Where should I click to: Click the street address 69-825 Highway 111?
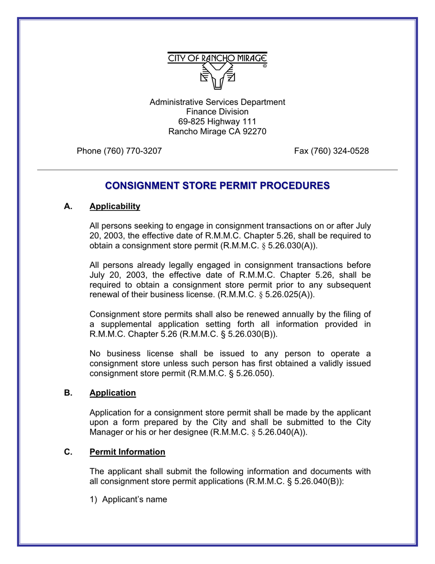(x=217, y=122)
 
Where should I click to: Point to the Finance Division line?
(x=217, y=112)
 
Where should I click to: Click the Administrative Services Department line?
(x=217, y=102)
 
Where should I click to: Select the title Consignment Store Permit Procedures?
(x=217, y=186)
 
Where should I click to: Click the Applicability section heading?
(x=114, y=206)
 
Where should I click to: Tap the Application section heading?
(x=113, y=393)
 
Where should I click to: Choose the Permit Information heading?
(x=127, y=452)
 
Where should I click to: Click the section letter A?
(x=68, y=206)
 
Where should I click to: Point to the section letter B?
(x=68, y=393)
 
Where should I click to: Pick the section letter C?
(x=68, y=452)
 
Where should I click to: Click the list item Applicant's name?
(x=134, y=499)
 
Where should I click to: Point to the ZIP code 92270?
(x=254, y=132)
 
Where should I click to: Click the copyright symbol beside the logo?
(x=265, y=66)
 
